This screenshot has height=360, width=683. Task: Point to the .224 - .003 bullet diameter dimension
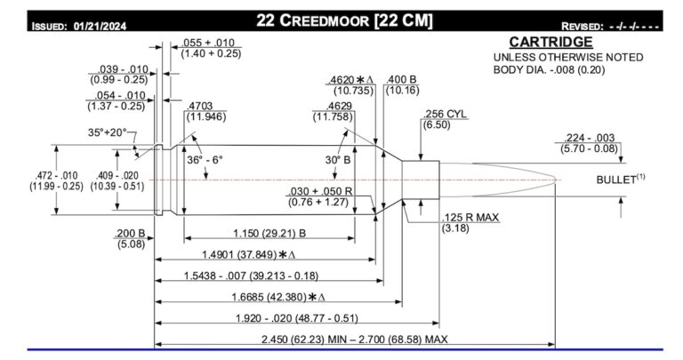coord(590,137)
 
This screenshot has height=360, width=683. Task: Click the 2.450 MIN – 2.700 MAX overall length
coord(353,340)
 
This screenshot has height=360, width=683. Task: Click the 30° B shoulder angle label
coord(341,160)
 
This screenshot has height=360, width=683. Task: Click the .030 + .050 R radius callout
coord(319,192)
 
